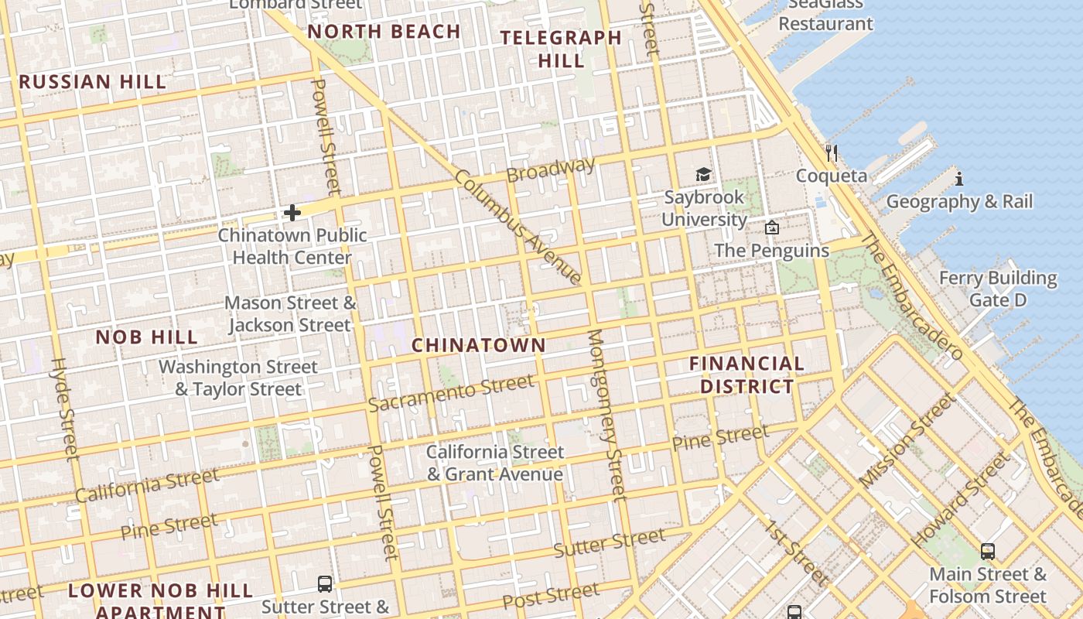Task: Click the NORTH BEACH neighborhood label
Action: click(384, 32)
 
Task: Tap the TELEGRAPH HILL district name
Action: click(561, 49)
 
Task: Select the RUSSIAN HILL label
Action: click(92, 82)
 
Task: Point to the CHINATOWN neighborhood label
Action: click(478, 345)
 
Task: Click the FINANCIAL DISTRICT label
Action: click(746, 374)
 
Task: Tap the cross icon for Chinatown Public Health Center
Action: click(292, 213)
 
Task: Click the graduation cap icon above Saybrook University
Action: click(703, 175)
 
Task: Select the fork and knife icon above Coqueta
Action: click(832, 152)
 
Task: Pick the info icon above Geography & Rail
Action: click(959, 179)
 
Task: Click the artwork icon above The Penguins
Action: click(771, 227)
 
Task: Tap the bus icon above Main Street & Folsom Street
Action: click(988, 552)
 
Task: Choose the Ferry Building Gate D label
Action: click(998, 289)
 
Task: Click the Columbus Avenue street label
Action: click(518, 226)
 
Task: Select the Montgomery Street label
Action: click(606, 416)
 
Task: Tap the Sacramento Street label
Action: click(450, 393)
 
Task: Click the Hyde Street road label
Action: click(65, 408)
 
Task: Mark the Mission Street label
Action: click(907, 439)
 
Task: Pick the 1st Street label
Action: click(796, 552)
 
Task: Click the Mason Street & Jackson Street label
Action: click(291, 313)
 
